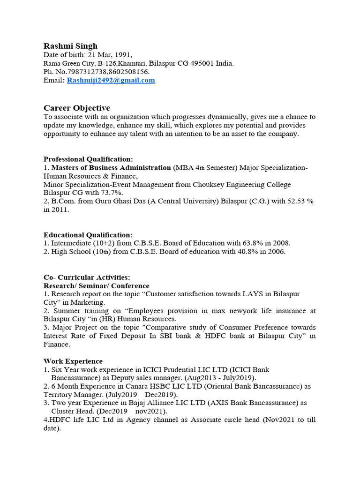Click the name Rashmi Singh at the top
[x=70, y=46]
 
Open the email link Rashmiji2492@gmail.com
[x=111, y=80]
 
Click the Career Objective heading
[x=77, y=108]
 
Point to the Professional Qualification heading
[x=88, y=159]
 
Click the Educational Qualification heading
[x=88, y=235]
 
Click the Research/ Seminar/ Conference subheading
[x=97, y=285]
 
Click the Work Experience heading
[x=73, y=361]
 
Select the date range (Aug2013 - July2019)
[x=220, y=378]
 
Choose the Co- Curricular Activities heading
[x=87, y=277]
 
